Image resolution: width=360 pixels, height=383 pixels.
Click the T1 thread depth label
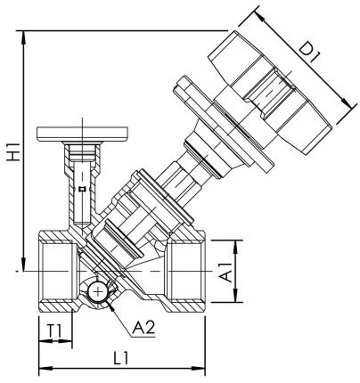[x=55, y=331]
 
